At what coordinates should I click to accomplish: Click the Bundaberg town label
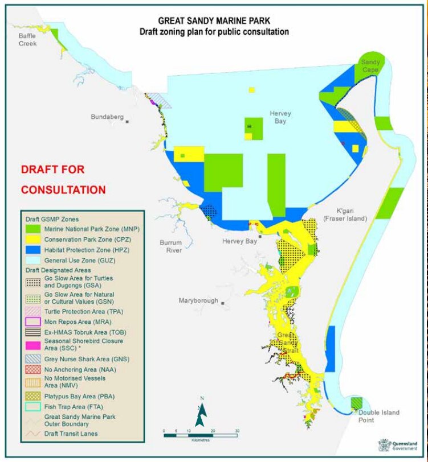click(x=107, y=117)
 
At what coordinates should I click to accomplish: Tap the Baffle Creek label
click(x=26, y=39)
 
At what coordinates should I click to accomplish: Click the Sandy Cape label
click(x=373, y=65)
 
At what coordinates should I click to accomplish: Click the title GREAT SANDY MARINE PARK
click(x=214, y=22)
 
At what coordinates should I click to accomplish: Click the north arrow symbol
click(x=200, y=412)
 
